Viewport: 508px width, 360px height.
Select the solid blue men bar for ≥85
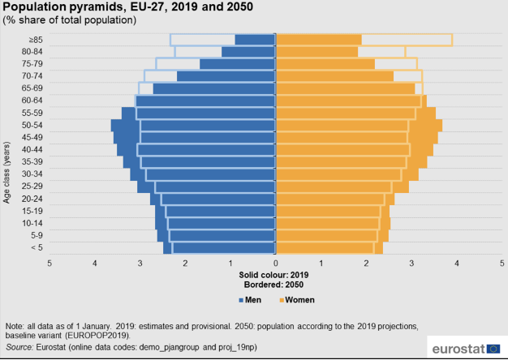pos(256,40)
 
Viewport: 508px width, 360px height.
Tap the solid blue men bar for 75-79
pos(238,64)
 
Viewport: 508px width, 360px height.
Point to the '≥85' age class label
pos(35,40)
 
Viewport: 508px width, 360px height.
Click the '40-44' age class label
pos(32,149)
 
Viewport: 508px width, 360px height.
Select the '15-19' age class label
pos(32,211)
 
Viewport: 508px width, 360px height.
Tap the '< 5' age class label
pos(35,247)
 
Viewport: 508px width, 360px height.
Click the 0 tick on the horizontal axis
pos(276,264)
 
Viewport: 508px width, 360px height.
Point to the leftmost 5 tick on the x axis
pos(50,264)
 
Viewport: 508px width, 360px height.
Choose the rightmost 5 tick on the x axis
pos(502,264)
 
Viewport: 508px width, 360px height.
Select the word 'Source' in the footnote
pos(20,347)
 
